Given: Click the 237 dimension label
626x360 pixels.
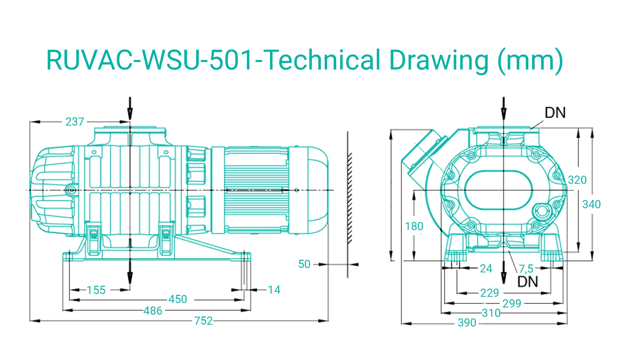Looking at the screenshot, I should pyautogui.click(x=75, y=121).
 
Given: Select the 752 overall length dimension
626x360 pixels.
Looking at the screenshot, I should pyautogui.click(x=203, y=321).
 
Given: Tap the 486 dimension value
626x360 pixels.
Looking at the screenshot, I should pyautogui.click(x=153, y=311).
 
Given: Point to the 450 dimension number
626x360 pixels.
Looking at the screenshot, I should pyautogui.click(x=178, y=299).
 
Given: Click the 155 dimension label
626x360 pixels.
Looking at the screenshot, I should pyautogui.click(x=96, y=290).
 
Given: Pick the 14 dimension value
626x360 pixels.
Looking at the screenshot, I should pyautogui.click(x=274, y=290).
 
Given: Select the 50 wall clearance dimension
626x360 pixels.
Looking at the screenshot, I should pyautogui.click(x=304, y=264).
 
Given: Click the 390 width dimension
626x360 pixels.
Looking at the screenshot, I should pyautogui.click(x=467, y=322).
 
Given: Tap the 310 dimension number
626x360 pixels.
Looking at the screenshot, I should pyautogui.click(x=491, y=313).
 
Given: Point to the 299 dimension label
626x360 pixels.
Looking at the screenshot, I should pyautogui.click(x=512, y=303).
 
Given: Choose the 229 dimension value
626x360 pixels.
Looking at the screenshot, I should pyautogui.click(x=490, y=293).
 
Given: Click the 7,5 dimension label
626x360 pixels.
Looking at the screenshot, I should pyautogui.click(x=526, y=269).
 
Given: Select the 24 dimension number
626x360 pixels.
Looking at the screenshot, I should pyautogui.click(x=486, y=268).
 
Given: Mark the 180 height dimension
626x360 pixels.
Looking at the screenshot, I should pyautogui.click(x=414, y=226).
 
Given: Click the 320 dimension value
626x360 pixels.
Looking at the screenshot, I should pyautogui.click(x=577, y=180).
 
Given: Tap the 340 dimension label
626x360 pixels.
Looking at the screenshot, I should pyautogui.click(x=591, y=204).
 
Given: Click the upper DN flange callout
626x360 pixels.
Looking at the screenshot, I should pyautogui.click(x=555, y=113).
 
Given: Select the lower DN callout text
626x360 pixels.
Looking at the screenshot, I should pyautogui.click(x=528, y=282).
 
